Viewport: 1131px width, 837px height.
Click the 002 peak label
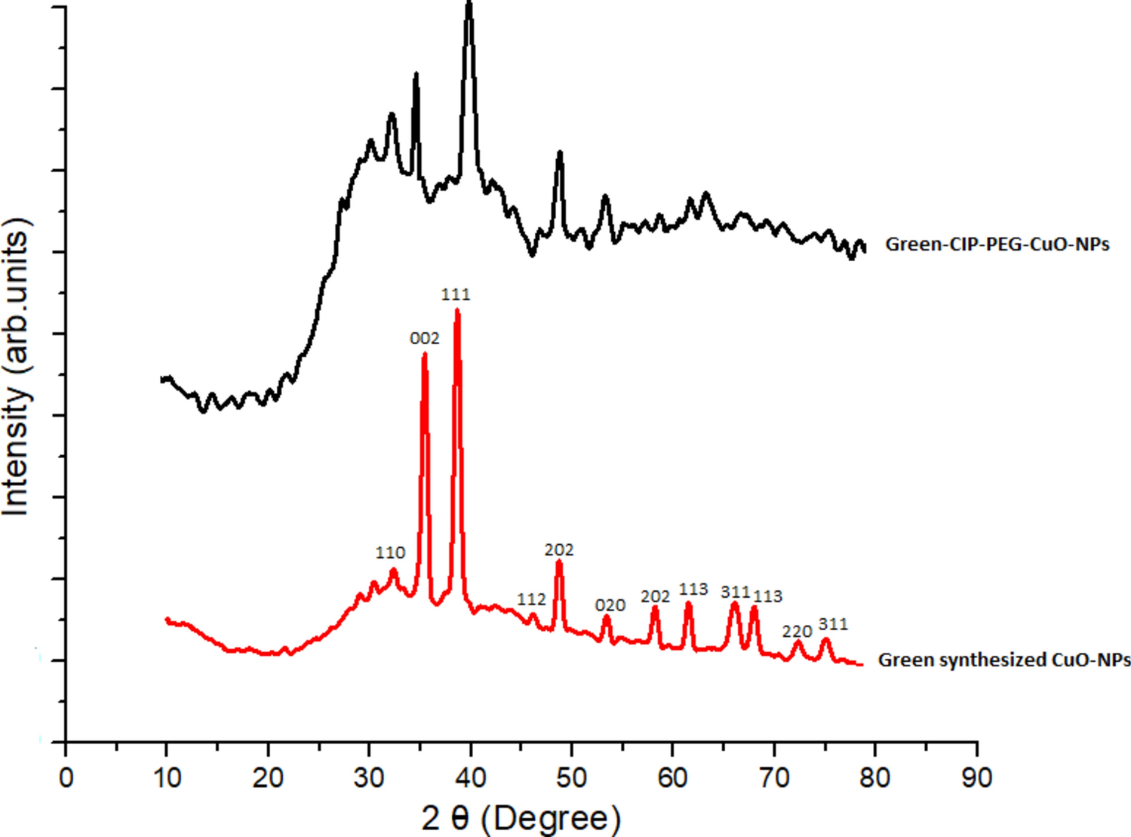[x=424, y=339]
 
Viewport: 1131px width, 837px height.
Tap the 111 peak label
[x=456, y=294]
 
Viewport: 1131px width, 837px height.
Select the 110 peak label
[x=390, y=552]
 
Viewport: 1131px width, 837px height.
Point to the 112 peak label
[x=531, y=599]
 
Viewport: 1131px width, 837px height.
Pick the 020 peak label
[x=610, y=605]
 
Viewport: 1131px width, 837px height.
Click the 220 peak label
[x=797, y=631]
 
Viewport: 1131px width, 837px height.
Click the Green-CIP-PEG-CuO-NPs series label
[x=997, y=245]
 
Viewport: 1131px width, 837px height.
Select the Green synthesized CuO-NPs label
[x=1004, y=660]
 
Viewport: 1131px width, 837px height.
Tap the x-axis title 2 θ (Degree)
[x=521, y=818]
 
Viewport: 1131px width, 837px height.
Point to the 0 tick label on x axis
[x=66, y=777]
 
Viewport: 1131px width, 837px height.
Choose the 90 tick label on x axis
[x=977, y=777]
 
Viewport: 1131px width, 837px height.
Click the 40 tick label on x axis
[x=471, y=777]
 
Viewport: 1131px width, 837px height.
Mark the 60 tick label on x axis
[x=673, y=777]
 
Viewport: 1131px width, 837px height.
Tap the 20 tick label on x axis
[x=268, y=777]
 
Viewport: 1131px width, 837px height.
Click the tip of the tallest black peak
[x=469, y=4]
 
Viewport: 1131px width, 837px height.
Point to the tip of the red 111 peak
[x=457, y=311]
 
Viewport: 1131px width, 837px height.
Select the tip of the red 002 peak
[x=424, y=355]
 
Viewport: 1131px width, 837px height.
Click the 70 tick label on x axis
[x=774, y=777]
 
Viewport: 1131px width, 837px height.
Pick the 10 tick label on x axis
[x=167, y=777]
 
